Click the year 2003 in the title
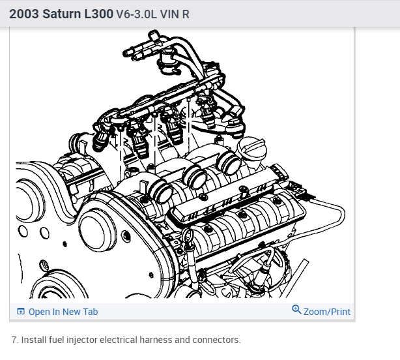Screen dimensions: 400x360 click(x=23, y=14)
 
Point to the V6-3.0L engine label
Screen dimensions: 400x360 click(x=136, y=14)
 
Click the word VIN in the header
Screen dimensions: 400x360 click(x=169, y=14)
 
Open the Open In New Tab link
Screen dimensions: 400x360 click(x=63, y=312)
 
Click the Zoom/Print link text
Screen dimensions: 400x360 click(x=327, y=312)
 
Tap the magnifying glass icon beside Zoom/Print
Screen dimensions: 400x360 click(x=296, y=309)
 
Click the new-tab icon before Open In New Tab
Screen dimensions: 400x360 click(x=21, y=312)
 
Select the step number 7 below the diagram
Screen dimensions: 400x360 click(x=15, y=340)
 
